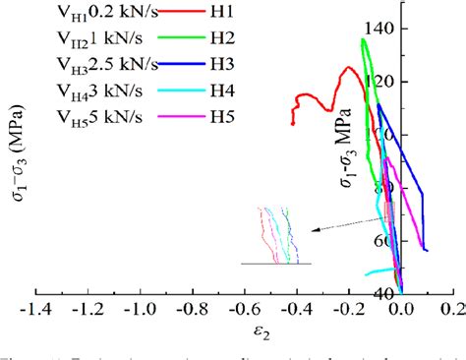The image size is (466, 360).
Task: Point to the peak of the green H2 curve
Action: click(x=365, y=40)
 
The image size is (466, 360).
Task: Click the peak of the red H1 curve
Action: click(x=348, y=68)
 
